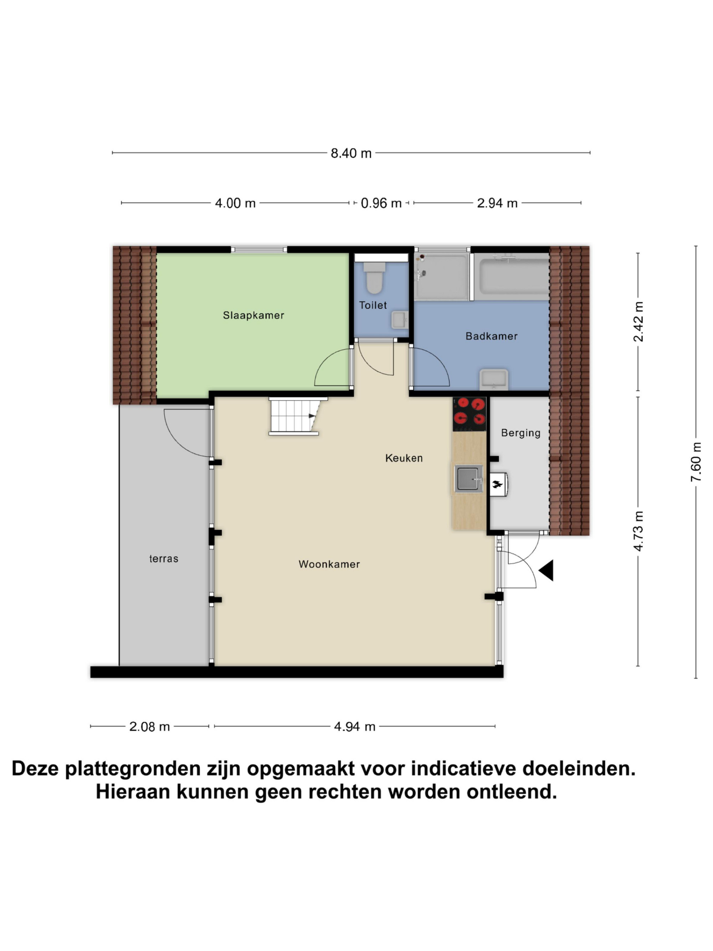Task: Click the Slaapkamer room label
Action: [253, 316]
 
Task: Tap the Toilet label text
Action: [373, 305]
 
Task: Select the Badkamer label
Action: [492, 336]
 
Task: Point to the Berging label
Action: [521, 433]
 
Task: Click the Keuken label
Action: [404, 458]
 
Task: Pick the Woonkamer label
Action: [329, 564]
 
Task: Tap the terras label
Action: [164, 559]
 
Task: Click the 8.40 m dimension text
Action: [351, 153]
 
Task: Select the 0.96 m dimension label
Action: [381, 203]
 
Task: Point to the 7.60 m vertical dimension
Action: [696, 462]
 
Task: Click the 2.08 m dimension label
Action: [150, 727]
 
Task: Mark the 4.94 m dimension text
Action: [355, 727]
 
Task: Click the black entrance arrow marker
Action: [546, 571]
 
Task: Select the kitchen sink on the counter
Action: [469, 479]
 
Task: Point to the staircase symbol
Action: [297, 416]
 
